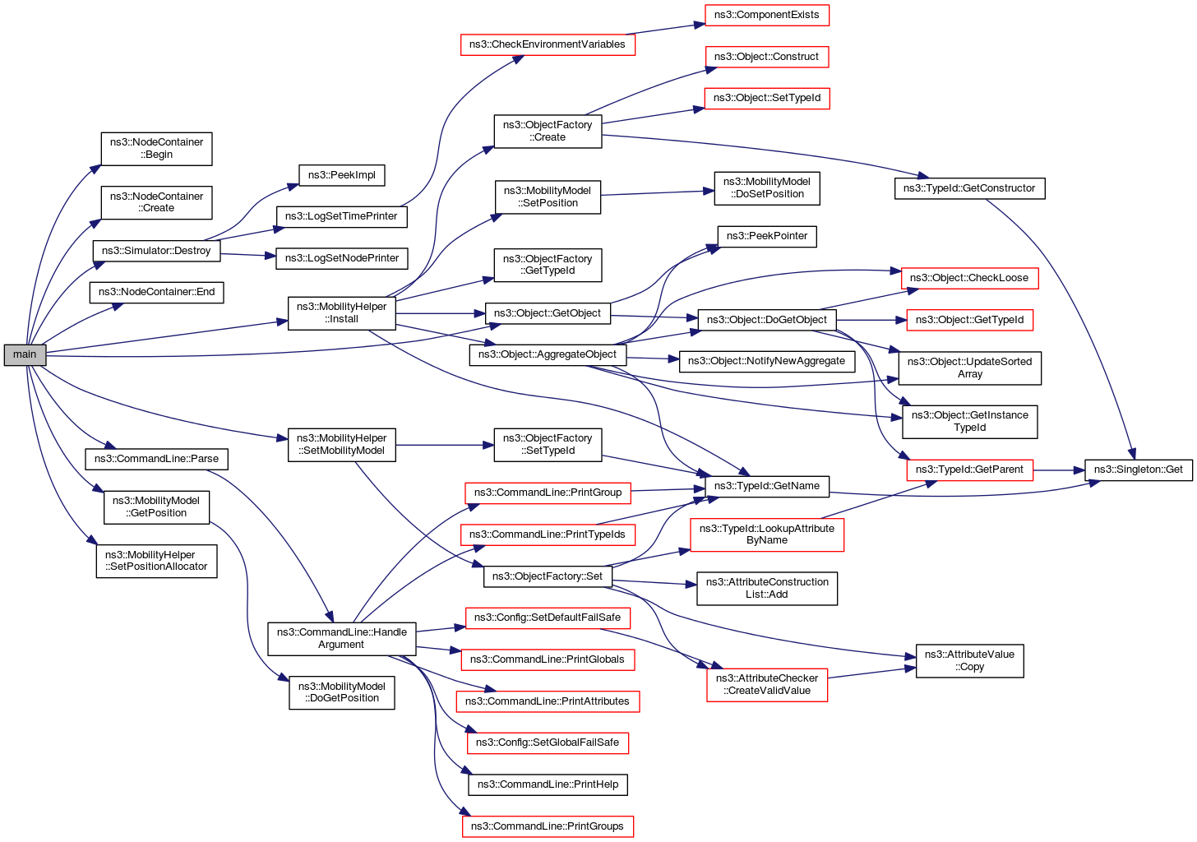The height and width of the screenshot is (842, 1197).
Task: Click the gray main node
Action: (x=25, y=355)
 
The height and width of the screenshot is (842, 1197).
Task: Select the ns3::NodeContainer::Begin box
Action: (x=156, y=149)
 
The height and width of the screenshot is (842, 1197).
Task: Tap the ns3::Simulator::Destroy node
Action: (x=156, y=251)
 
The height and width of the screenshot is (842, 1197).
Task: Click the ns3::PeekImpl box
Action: (x=341, y=175)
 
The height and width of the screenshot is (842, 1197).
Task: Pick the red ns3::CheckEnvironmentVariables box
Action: (x=547, y=44)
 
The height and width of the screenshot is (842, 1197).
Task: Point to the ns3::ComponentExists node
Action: (x=766, y=15)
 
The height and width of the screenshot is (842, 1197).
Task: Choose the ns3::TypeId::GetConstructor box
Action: (x=969, y=188)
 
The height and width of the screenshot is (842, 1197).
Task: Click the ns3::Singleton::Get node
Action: (x=1138, y=470)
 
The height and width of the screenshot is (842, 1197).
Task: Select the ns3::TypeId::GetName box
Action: (x=766, y=486)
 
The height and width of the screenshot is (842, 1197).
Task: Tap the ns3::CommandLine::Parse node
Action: (x=156, y=459)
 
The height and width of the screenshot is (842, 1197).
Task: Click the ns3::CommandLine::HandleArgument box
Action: (x=341, y=639)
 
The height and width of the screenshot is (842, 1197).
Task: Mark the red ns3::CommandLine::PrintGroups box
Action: (x=548, y=826)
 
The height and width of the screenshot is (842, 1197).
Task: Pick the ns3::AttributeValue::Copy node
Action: (x=969, y=661)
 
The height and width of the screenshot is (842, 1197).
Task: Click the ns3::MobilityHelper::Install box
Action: (x=341, y=313)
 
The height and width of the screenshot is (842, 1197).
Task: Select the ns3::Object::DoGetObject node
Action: (x=766, y=320)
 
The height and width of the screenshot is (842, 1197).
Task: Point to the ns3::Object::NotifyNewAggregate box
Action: (x=766, y=361)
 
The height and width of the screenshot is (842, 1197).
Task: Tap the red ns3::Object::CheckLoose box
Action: (x=969, y=278)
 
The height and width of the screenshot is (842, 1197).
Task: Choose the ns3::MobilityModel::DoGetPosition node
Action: (x=341, y=692)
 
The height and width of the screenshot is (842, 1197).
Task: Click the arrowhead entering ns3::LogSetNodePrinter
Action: (x=272, y=257)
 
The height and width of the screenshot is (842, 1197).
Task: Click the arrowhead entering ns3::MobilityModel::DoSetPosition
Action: (x=709, y=192)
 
